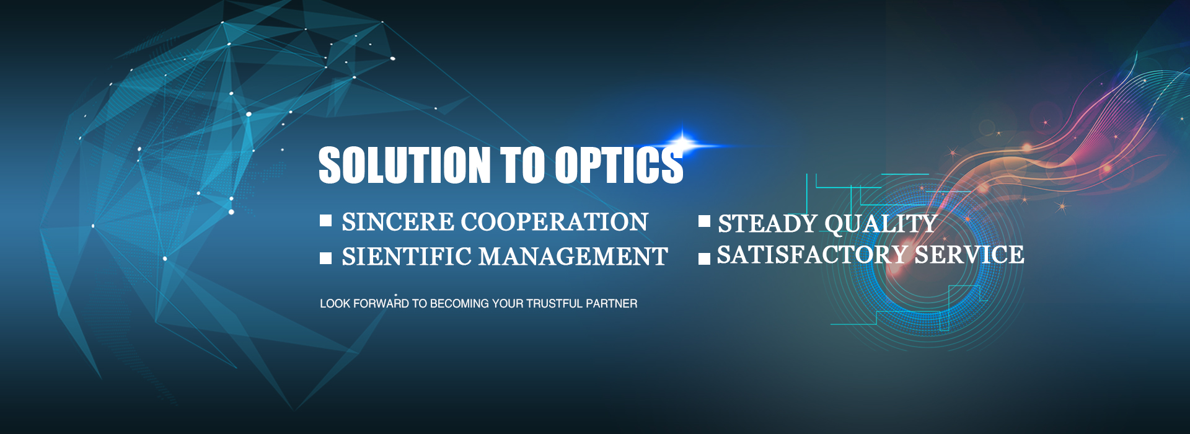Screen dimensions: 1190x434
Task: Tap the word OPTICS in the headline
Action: (619, 165)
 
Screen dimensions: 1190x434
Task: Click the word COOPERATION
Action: (555, 222)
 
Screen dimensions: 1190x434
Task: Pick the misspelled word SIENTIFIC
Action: (407, 257)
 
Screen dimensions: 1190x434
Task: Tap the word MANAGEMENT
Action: (573, 257)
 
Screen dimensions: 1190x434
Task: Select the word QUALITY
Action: (881, 224)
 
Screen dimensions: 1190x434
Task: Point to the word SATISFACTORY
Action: (813, 255)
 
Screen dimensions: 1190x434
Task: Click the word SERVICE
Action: (969, 255)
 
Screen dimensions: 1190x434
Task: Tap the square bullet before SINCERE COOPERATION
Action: (326, 221)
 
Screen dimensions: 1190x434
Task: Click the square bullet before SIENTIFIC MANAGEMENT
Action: (326, 258)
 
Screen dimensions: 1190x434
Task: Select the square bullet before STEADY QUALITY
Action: (704, 221)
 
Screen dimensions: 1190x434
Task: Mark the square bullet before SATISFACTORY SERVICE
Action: (704, 259)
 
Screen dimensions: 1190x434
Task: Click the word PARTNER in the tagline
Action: (612, 304)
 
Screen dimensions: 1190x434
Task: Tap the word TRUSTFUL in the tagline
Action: (554, 304)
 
